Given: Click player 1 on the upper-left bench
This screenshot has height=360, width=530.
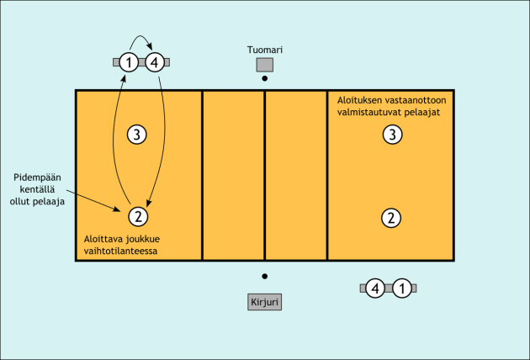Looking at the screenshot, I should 128,61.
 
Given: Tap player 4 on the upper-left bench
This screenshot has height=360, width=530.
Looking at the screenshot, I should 154,61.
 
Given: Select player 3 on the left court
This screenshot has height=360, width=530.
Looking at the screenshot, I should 138,133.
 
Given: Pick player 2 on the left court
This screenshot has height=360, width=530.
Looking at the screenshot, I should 138,216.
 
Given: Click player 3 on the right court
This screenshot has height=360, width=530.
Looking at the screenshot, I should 390,133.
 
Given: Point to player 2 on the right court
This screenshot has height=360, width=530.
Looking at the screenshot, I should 390,217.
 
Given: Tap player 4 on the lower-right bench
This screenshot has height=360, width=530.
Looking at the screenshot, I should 376,289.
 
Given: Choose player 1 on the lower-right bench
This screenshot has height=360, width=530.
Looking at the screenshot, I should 403,289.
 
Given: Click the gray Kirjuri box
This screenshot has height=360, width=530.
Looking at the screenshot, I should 264,301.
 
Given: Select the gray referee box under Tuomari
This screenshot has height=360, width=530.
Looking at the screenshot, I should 264,64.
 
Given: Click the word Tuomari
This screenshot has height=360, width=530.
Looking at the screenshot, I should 264,49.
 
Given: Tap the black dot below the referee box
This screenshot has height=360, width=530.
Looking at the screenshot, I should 264,79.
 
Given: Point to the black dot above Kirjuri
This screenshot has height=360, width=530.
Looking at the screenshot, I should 264,276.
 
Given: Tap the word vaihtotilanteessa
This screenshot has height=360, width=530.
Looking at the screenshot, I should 121,250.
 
